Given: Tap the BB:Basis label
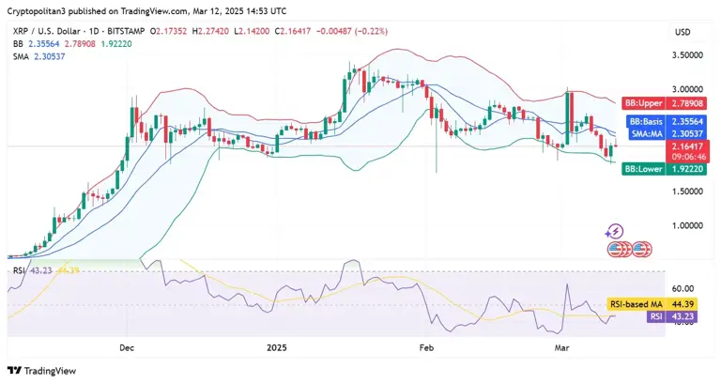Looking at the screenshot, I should point(647,122).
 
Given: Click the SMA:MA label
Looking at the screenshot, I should point(648,134).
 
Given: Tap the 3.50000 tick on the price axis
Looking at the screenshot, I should point(689,55).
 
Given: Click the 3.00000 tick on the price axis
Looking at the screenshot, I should point(689,89).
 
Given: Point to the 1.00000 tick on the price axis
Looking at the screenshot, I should point(689,225).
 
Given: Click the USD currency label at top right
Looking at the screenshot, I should point(683,32).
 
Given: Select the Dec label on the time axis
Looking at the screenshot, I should point(127,347).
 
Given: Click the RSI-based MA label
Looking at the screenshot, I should point(637,304).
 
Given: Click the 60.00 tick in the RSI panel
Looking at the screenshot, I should point(683,288).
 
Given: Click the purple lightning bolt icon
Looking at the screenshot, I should point(615,231).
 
